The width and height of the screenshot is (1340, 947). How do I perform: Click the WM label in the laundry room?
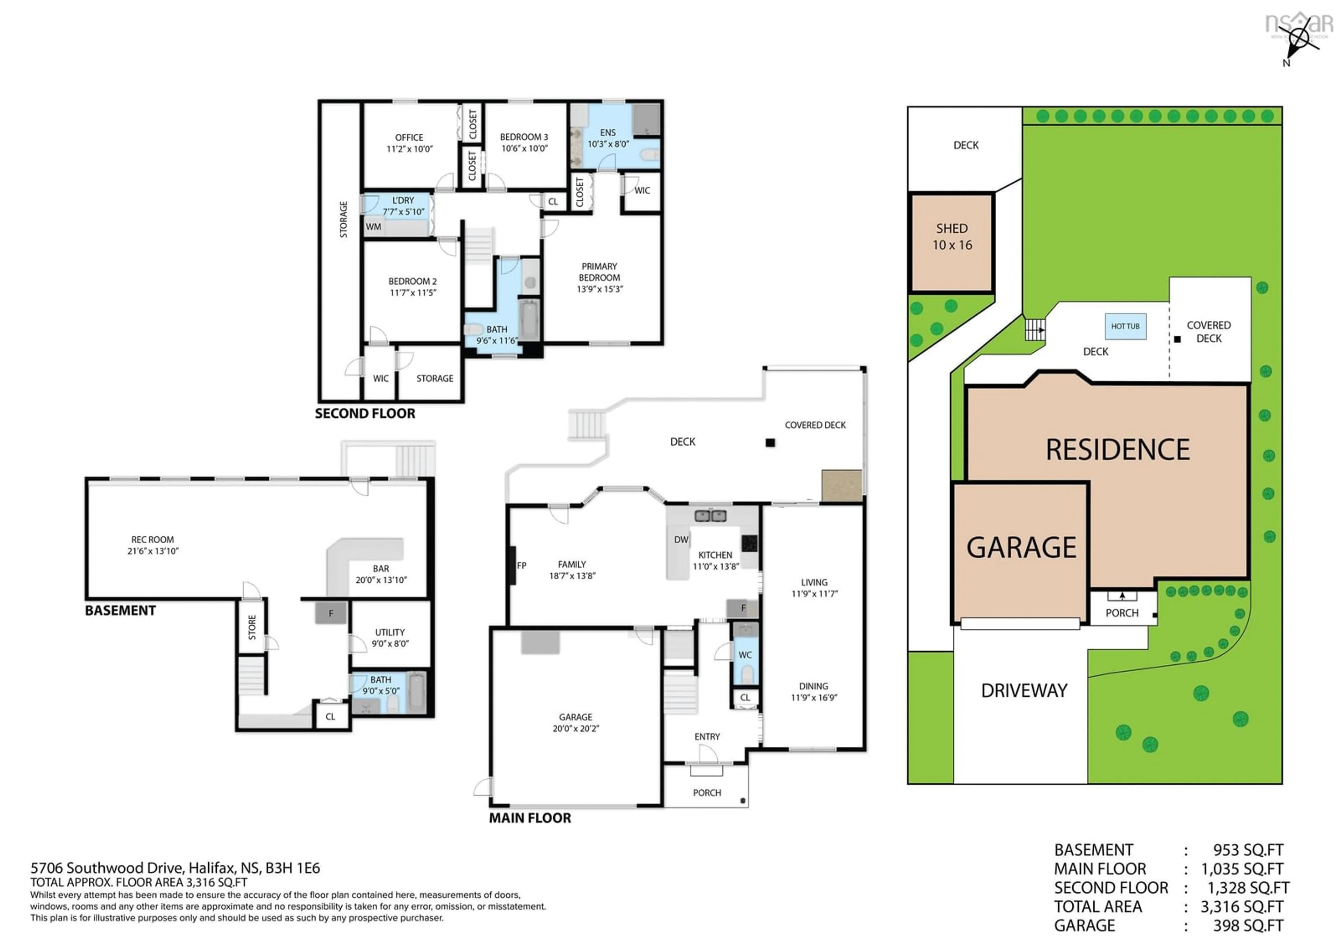coord(373,227)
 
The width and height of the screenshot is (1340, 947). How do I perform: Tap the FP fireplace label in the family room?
coord(521,565)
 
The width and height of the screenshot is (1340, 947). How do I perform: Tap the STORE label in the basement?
coord(252,627)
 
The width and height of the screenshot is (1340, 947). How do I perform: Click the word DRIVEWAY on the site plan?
coord(1024,691)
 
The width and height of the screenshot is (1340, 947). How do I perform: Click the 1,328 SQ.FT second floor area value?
coord(1248,887)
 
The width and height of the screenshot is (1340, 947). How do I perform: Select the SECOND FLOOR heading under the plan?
coord(365,414)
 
